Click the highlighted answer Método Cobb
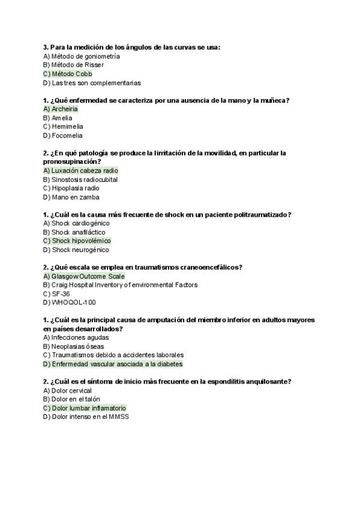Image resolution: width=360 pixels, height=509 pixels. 68,74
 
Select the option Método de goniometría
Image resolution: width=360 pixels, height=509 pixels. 82,56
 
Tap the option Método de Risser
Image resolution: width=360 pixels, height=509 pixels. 73,65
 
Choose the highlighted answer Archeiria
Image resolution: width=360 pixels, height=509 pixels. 61,109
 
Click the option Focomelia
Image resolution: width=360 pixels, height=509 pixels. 63,136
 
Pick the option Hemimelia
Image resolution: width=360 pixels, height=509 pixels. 63,127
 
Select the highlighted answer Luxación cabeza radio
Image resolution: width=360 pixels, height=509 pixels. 80,170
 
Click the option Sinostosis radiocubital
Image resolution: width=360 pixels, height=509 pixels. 80,179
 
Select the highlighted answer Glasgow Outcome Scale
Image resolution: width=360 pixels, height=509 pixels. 84,276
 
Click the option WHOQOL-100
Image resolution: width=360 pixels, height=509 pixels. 65,303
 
